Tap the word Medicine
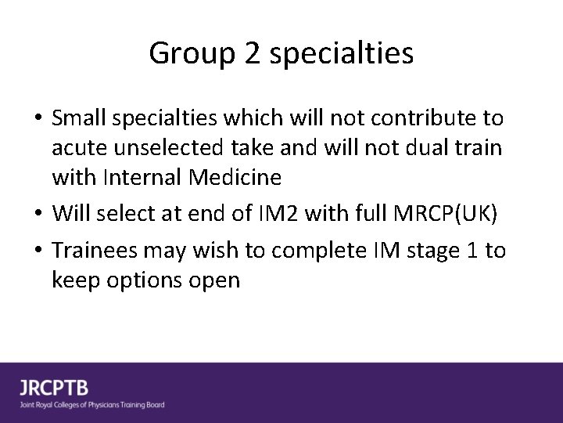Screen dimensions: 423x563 click(238, 178)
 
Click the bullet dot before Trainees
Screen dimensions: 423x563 click(38, 251)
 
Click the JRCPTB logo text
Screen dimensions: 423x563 click(54, 388)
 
